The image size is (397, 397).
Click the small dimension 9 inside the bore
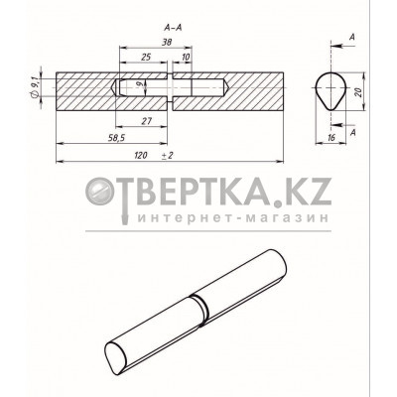(140, 86)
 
